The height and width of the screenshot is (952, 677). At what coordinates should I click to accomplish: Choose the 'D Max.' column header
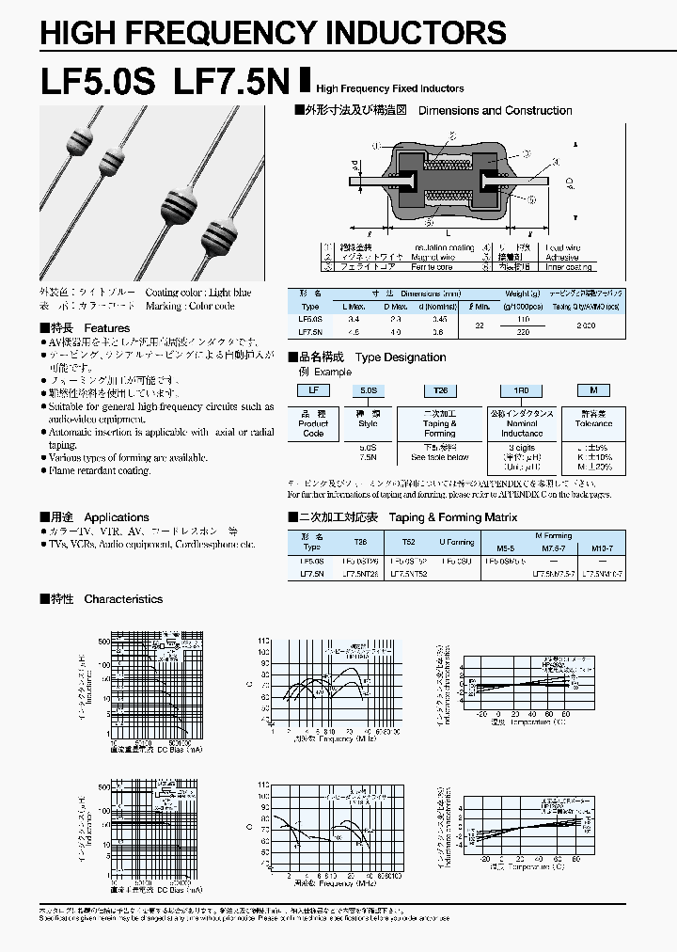click(396, 307)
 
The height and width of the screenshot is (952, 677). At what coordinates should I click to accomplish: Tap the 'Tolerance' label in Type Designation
click(593, 424)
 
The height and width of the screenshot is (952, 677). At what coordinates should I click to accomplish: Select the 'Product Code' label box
click(313, 424)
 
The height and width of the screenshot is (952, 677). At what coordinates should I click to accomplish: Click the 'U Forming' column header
click(457, 543)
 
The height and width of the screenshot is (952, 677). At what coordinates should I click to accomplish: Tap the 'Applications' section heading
click(117, 517)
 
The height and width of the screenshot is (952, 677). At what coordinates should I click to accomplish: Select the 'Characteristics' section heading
click(123, 599)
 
